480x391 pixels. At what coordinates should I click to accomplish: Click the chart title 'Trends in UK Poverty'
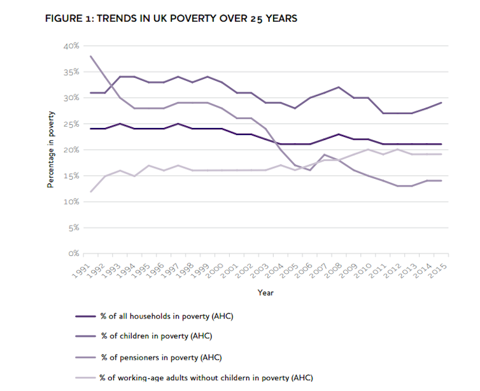click(171, 18)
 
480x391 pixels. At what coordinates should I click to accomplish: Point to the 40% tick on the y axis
click(70, 46)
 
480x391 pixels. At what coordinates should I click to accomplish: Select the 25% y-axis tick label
click(70, 124)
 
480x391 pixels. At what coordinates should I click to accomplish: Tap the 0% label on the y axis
click(72, 253)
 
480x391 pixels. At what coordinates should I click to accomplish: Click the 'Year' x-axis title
click(265, 292)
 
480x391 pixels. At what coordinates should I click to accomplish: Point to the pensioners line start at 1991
click(91, 56)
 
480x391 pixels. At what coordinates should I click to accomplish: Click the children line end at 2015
click(441, 103)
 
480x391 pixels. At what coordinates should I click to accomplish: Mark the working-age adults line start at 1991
click(91, 191)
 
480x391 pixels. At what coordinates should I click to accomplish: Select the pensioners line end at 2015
click(441, 181)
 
